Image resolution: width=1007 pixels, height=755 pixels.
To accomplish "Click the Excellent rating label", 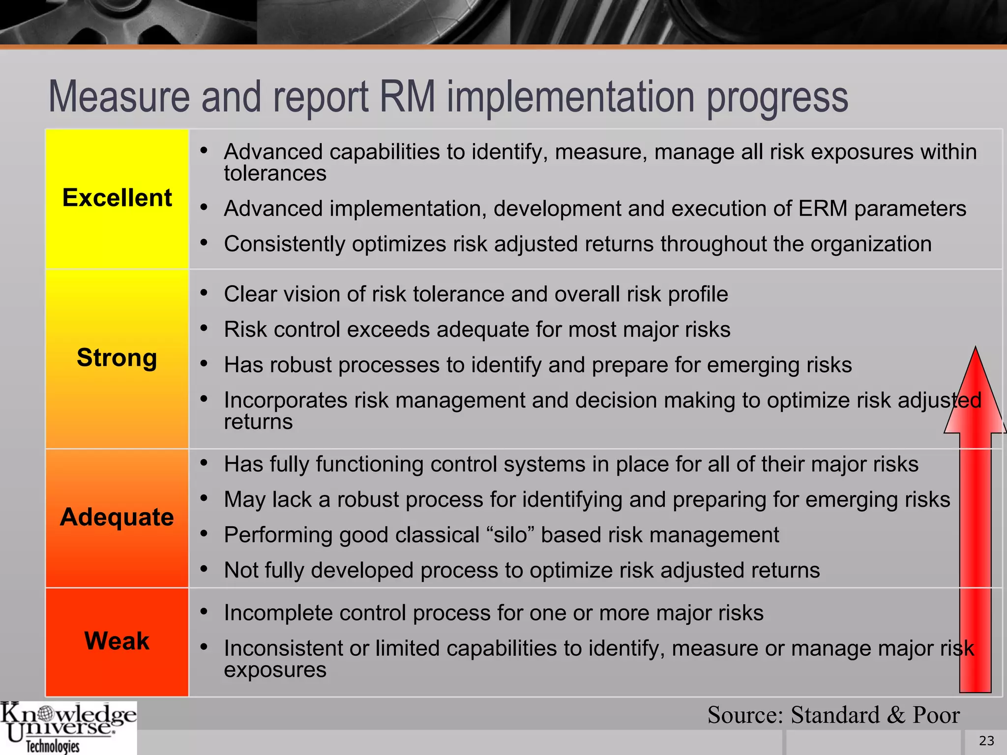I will [x=117, y=198].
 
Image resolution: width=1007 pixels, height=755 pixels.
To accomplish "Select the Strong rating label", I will [x=117, y=357].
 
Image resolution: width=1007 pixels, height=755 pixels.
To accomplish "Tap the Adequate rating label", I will [x=117, y=517].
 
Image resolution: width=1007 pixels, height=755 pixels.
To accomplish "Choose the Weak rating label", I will [x=117, y=641].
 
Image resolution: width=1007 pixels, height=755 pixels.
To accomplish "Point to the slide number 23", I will [x=986, y=741].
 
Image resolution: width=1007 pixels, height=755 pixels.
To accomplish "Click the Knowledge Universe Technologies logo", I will [x=68, y=727].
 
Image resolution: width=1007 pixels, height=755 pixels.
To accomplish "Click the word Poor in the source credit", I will [x=936, y=715].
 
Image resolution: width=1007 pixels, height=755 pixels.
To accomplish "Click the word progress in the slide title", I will [x=777, y=97].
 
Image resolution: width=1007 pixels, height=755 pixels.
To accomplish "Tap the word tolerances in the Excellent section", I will [x=275, y=174].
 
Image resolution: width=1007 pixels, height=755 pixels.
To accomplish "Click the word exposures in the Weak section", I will [x=275, y=670].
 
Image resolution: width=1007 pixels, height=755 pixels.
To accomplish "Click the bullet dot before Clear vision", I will [x=204, y=293].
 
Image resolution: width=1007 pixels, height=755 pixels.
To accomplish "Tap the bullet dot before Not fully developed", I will [x=204, y=569].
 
